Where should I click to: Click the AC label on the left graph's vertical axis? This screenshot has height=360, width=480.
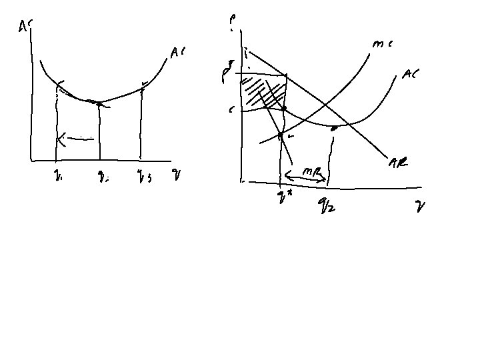25,26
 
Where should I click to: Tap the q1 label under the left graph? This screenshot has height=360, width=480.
59,179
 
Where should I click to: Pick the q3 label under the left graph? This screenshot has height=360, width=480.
143,179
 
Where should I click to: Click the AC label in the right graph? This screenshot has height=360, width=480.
409,75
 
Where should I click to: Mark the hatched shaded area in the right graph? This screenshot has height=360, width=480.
261,93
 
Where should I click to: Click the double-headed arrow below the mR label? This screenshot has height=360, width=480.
305,178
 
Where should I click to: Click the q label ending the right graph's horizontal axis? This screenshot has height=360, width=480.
420,207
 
